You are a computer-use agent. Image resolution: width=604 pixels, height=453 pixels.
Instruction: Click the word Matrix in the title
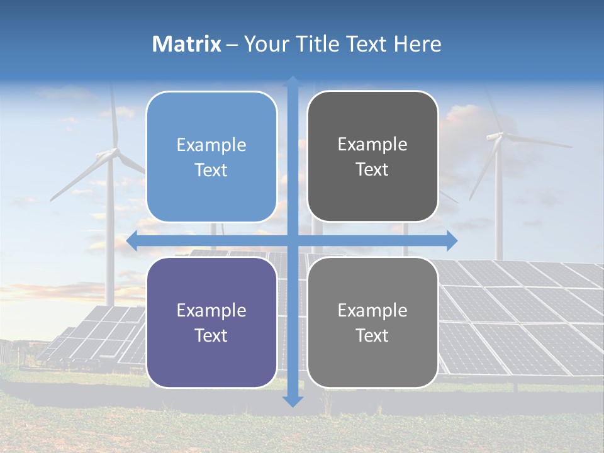click(186, 44)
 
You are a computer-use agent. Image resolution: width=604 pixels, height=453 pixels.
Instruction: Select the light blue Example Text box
click(211, 157)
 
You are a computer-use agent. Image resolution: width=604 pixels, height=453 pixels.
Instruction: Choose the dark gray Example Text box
click(372, 157)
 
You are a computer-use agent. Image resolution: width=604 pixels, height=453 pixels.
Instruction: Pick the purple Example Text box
click(211, 323)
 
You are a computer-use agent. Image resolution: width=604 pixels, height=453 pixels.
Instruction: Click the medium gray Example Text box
click(372, 323)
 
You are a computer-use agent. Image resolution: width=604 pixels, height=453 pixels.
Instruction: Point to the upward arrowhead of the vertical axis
click(293, 82)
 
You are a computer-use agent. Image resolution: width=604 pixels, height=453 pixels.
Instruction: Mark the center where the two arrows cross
click(293, 240)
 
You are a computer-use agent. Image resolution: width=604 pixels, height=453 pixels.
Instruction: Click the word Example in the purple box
click(211, 310)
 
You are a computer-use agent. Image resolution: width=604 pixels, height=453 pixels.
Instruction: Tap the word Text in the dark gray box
click(372, 170)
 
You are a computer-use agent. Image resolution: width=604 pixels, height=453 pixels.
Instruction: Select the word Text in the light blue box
click(211, 170)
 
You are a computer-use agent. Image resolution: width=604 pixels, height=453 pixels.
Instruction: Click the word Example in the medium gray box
click(372, 310)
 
